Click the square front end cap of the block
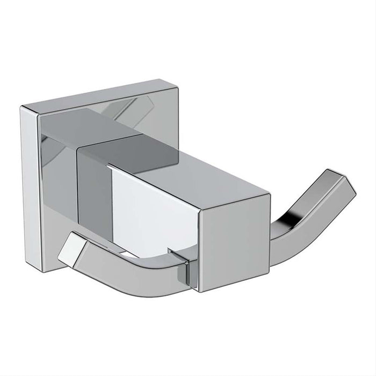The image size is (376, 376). pyautogui.click(x=234, y=242)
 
